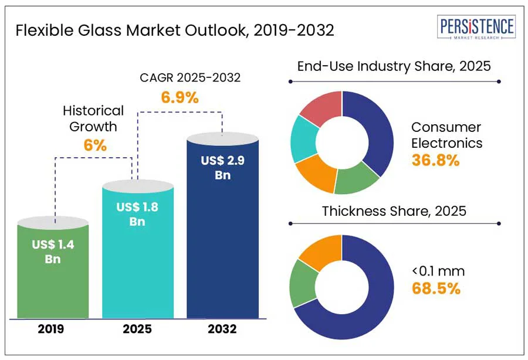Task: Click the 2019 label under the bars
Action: [x=53, y=329]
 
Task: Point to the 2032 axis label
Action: [x=222, y=329]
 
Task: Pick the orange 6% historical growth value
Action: [x=94, y=145]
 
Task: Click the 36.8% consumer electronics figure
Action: [x=435, y=160]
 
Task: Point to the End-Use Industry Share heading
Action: [x=394, y=66]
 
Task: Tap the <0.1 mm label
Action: [x=438, y=271]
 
